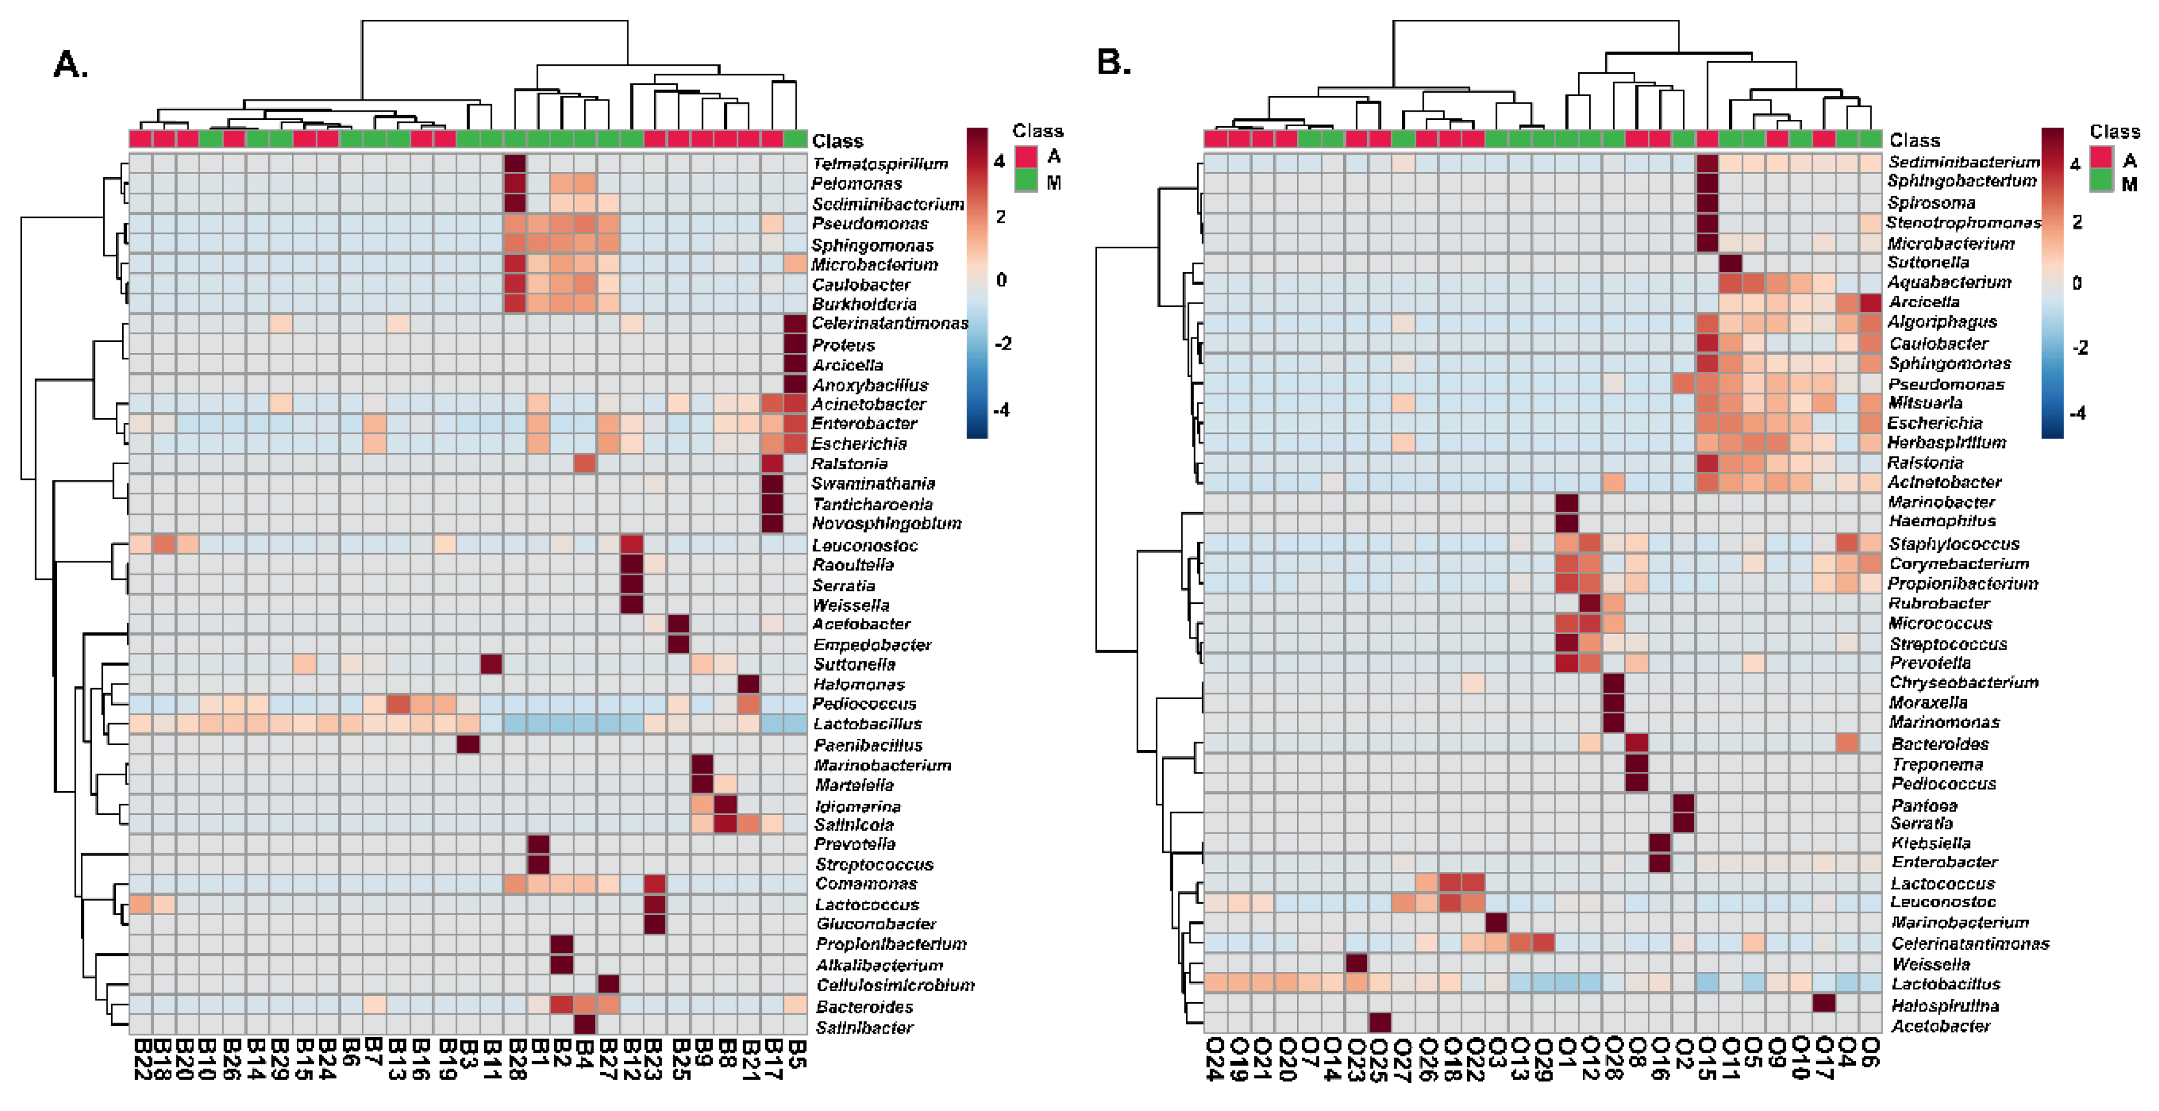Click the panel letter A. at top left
point(70,65)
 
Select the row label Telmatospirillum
point(879,163)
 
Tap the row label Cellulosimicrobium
point(895,985)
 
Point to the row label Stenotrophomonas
point(1963,223)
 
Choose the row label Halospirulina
point(1944,1006)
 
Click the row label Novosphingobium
point(886,524)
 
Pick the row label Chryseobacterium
point(1963,683)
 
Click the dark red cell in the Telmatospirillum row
point(514,163)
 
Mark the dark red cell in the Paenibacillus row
point(468,744)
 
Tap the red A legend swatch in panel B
point(2100,158)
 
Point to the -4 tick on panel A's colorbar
point(1002,409)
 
